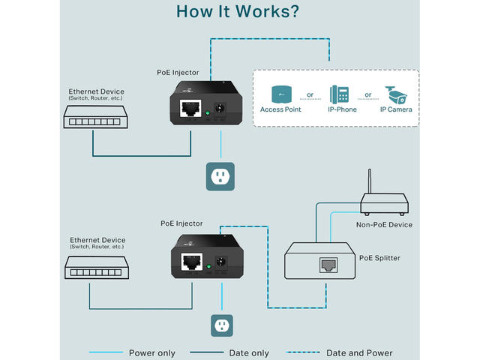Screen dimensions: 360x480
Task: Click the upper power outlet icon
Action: click(x=220, y=176)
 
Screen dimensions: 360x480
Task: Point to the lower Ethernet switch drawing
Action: click(x=93, y=267)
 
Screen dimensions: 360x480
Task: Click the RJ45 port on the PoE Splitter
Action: click(x=328, y=265)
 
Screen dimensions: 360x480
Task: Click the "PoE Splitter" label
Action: click(x=379, y=258)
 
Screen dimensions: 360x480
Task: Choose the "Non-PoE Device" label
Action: click(x=384, y=224)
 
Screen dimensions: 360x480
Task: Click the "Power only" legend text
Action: click(x=151, y=352)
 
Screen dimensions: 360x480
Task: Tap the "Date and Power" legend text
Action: click(x=359, y=352)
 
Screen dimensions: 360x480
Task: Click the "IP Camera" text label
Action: click(x=395, y=110)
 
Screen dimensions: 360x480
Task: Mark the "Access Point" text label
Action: click(x=281, y=110)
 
